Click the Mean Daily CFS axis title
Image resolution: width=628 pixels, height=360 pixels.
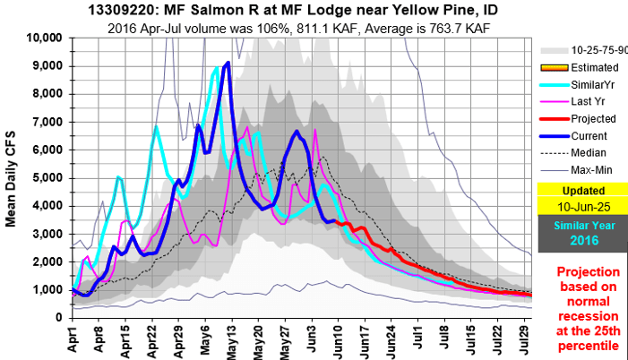click(x=13, y=176)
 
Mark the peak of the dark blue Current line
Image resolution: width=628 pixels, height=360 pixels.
click(x=228, y=63)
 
